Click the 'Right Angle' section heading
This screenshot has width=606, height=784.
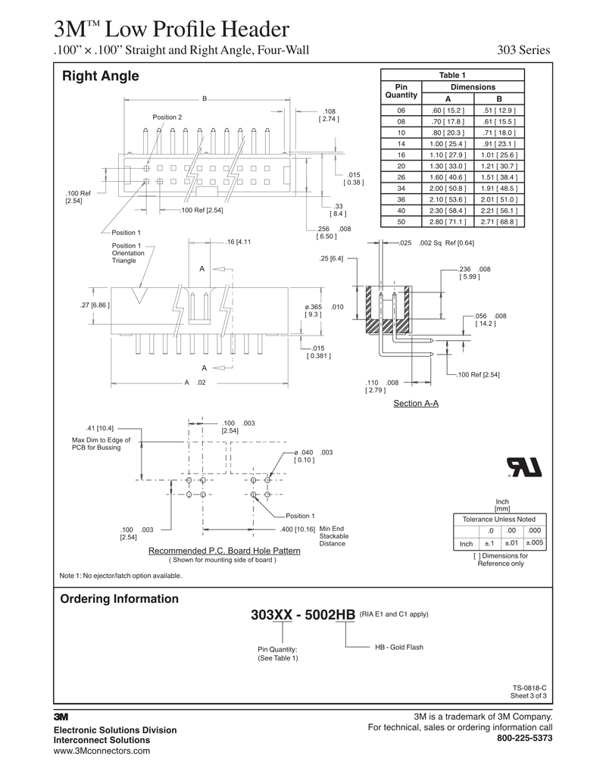[100, 76]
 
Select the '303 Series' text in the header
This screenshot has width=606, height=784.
[523, 51]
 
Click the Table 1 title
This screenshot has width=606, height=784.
[452, 75]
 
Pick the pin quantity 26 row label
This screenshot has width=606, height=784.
[401, 177]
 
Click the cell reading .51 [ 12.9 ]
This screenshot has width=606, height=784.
[499, 110]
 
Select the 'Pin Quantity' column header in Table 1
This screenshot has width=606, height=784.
[401, 92]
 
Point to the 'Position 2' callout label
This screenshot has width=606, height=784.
[167, 117]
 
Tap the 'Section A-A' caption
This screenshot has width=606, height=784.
[416, 404]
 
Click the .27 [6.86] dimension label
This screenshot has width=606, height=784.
[95, 305]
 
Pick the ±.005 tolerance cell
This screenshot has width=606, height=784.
[534, 543]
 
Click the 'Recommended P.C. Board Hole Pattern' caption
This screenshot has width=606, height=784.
[224, 551]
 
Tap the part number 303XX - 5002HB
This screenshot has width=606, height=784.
[303, 615]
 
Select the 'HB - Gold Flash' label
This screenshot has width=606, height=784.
[398, 648]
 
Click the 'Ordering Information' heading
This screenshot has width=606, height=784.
[119, 599]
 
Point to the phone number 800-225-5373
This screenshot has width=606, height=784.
[524, 738]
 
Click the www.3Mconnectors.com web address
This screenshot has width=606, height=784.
[102, 751]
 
